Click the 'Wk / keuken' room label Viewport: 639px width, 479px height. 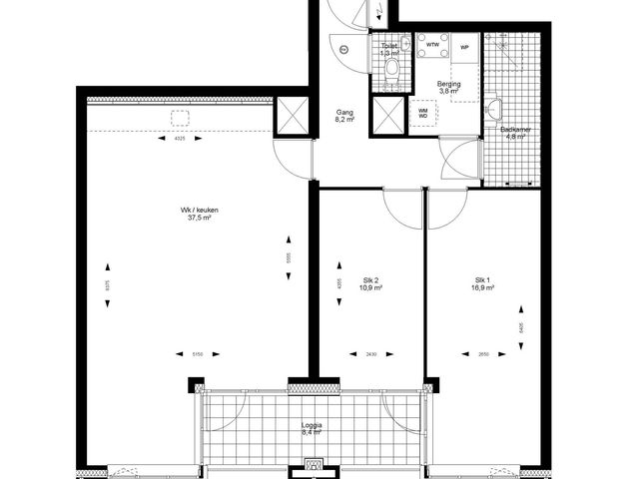[200, 210]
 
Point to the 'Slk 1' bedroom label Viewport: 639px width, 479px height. [484, 279]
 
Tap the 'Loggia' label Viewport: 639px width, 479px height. [313, 425]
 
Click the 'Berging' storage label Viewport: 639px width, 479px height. [449, 84]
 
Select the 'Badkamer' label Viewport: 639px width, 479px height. [514, 130]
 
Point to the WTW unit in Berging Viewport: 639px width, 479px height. [432, 46]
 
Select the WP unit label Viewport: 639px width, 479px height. [465, 46]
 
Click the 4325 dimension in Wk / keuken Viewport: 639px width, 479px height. [180, 139]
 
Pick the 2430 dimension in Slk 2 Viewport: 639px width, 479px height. [370, 354]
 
